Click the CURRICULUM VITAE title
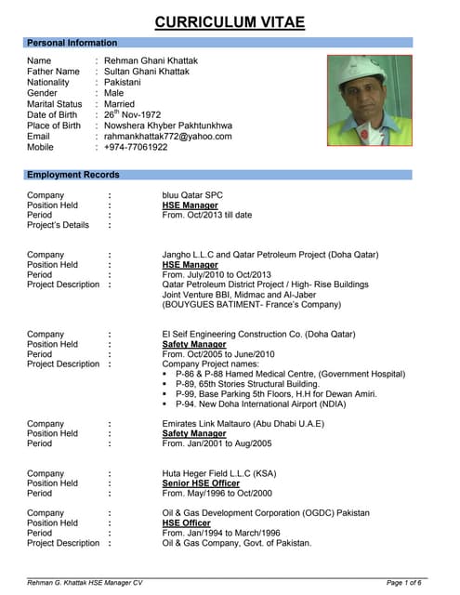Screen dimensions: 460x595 click(230, 21)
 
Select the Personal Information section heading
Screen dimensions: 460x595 click(72, 43)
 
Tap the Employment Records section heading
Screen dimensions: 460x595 click(73, 175)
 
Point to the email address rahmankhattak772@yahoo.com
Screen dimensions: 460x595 click(168, 136)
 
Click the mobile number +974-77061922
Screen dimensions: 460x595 click(137, 147)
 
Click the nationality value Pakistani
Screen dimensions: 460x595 click(126, 82)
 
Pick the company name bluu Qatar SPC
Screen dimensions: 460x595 click(192, 195)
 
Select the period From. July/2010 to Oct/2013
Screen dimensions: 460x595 click(216, 275)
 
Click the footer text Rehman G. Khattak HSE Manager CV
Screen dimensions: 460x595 click(85, 582)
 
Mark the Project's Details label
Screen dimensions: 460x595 click(59, 225)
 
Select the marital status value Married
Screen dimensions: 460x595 click(120, 104)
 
